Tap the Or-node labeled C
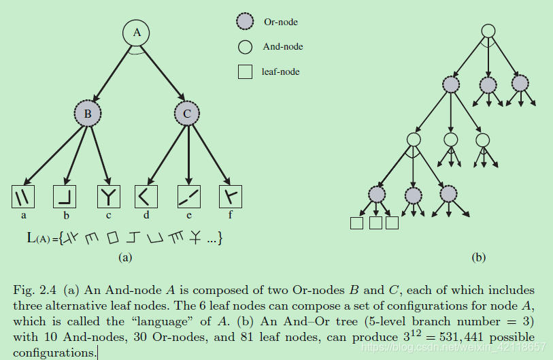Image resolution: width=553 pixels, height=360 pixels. coord(187,114)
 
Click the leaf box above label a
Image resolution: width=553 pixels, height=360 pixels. coord(24,197)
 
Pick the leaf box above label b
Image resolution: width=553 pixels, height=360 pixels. coord(65,197)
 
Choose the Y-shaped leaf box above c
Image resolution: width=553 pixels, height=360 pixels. coord(107,197)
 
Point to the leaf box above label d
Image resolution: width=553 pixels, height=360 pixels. coord(145,197)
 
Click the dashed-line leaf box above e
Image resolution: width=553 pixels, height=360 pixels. coord(188,197)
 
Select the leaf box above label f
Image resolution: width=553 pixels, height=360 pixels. coord(230,197)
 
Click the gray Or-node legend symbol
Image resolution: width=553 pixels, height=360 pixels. coord(245,22)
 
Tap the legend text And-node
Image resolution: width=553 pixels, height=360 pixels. coord(282,47)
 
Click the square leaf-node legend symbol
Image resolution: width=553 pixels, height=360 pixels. coord(245,71)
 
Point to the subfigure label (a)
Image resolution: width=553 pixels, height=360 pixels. coord(124,257)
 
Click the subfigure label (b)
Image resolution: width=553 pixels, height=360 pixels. coord(479,257)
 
